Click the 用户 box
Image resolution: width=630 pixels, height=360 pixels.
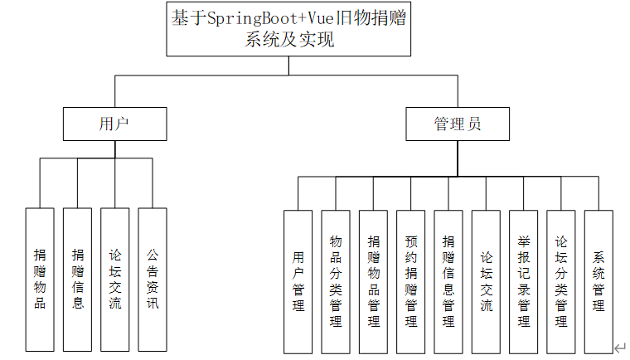click(x=114, y=124)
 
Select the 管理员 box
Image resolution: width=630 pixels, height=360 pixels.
click(x=458, y=124)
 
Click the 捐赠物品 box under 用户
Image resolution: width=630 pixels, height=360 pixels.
click(x=40, y=279)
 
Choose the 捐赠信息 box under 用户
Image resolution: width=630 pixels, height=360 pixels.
click(x=77, y=279)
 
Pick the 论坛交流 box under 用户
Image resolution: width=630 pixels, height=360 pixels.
click(x=115, y=279)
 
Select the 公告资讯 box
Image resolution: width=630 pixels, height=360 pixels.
click(x=153, y=279)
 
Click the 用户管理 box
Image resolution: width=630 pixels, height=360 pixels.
click(x=298, y=281)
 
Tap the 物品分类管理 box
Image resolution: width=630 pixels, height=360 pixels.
click(x=336, y=281)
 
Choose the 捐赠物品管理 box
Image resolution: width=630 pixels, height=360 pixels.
click(x=373, y=281)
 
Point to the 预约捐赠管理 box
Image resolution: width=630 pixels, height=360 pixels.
click(x=411, y=281)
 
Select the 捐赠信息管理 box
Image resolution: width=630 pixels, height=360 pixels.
click(x=448, y=281)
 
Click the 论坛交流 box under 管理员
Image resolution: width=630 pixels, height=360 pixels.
click(x=486, y=281)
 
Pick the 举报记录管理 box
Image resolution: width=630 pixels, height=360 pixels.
click(x=523, y=281)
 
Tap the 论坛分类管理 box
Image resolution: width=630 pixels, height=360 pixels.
click(x=561, y=281)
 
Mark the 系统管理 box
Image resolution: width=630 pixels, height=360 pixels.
click(x=598, y=281)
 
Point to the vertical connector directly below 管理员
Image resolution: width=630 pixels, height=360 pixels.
click(x=457, y=158)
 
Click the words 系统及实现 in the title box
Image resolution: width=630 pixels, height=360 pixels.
click(x=289, y=39)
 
